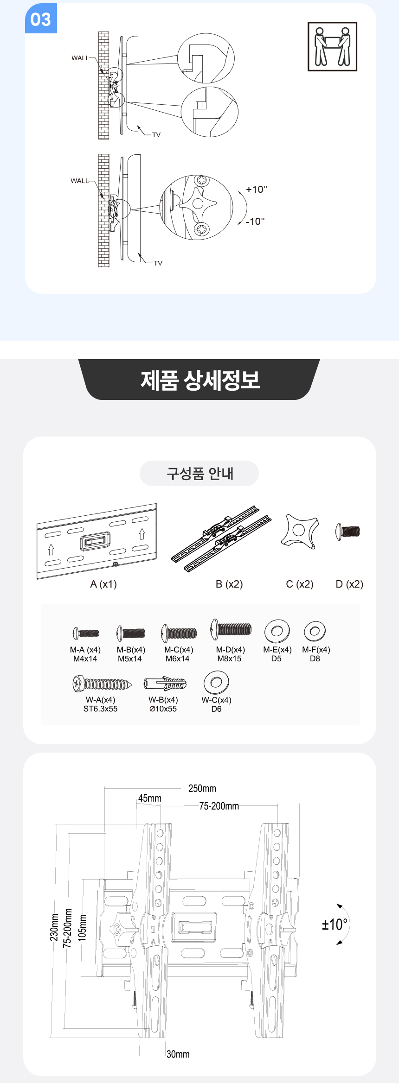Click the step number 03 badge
click(41, 19)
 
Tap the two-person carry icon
click(332, 46)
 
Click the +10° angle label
click(257, 190)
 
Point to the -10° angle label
click(255, 222)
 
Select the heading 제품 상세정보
click(200, 380)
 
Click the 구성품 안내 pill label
click(199, 474)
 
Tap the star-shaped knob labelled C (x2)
click(300, 531)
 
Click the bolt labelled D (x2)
click(348, 531)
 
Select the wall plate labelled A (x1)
click(97, 541)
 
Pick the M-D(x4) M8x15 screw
click(231, 629)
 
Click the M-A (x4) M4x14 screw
click(86, 633)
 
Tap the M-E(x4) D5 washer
click(277, 631)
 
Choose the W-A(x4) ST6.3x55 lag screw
click(102, 684)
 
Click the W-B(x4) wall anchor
click(165, 684)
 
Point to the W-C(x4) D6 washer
click(216, 682)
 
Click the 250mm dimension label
click(202, 788)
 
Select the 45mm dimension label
click(149, 798)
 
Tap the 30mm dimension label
click(178, 1054)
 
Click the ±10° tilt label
click(335, 925)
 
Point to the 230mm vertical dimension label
click(54, 927)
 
